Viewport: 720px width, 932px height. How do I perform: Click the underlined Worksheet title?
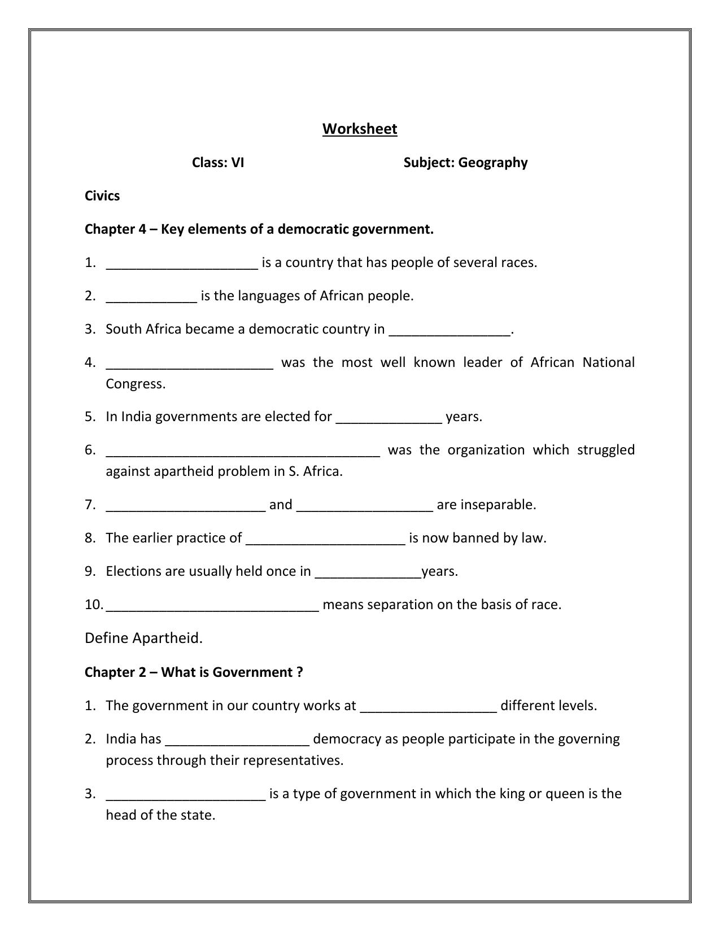(x=360, y=129)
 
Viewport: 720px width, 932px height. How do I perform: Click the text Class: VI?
(x=218, y=163)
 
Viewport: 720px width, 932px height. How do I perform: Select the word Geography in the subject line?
(x=492, y=163)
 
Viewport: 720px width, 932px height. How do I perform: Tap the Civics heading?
(x=102, y=196)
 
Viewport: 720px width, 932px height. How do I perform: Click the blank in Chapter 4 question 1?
(x=182, y=264)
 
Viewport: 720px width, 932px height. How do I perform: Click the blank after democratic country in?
(x=450, y=331)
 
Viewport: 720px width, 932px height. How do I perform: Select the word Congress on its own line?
(x=136, y=384)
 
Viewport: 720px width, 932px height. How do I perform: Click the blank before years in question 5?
(x=389, y=418)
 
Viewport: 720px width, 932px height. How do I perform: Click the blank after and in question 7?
(x=364, y=506)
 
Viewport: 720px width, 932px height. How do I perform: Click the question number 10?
(x=94, y=605)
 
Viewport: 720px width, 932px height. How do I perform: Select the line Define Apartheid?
(x=143, y=638)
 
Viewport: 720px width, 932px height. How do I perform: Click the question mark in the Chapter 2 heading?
(x=299, y=672)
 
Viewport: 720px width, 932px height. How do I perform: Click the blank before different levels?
(x=428, y=707)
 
